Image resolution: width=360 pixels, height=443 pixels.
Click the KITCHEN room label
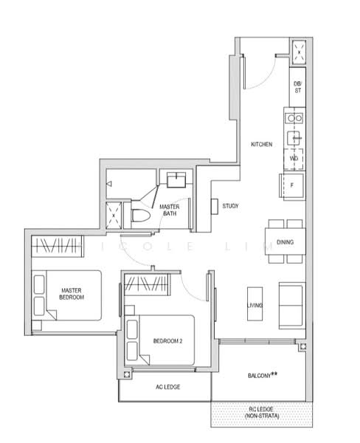pyautogui.click(x=262, y=144)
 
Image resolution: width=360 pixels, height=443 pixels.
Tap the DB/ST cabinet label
pyautogui.click(x=297, y=87)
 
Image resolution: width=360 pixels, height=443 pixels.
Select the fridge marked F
pyautogui.click(x=292, y=185)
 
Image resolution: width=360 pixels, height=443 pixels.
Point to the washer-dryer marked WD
pyautogui.click(x=294, y=158)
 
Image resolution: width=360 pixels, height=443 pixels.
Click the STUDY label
pyautogui.click(x=232, y=206)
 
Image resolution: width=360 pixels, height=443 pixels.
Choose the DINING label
pyautogui.click(x=285, y=242)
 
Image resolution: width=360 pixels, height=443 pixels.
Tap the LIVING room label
pyautogui.click(x=255, y=305)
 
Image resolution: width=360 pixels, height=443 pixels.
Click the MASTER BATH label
pyautogui.click(x=170, y=210)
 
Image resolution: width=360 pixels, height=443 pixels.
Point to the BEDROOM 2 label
pyautogui.click(x=167, y=340)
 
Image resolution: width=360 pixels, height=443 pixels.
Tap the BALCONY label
pyautogui.click(x=263, y=376)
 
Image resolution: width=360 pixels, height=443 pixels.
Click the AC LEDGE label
pyautogui.click(x=168, y=387)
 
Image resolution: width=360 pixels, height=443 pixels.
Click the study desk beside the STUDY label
pyautogui.click(x=214, y=207)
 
